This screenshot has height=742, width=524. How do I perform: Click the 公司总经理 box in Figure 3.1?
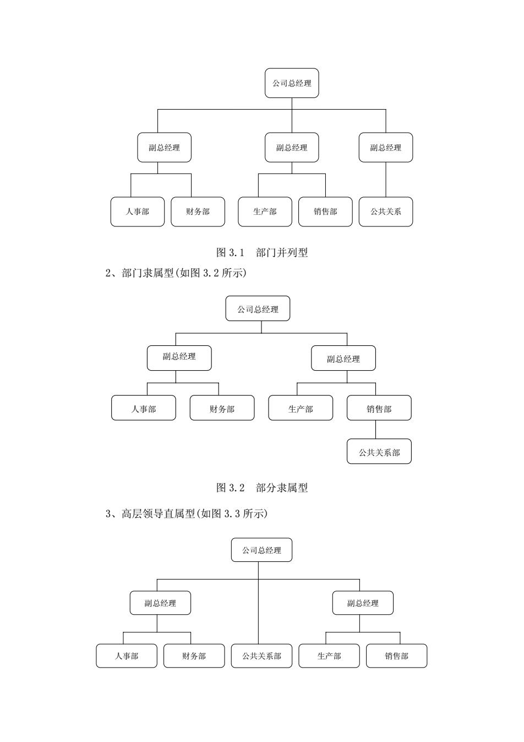[292, 83]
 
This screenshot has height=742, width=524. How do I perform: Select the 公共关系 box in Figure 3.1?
[386, 212]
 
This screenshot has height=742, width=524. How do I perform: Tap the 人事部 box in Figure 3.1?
[138, 212]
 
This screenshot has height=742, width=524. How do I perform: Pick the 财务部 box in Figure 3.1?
[198, 212]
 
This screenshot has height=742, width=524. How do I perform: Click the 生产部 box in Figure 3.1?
[265, 212]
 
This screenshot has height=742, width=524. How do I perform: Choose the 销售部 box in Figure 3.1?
[325, 212]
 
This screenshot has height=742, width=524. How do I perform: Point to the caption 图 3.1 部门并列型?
[262, 253]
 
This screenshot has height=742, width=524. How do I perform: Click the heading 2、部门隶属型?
[139, 273]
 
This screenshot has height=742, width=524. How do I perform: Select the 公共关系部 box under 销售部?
[379, 451]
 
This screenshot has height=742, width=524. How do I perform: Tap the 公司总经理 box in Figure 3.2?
[258, 308]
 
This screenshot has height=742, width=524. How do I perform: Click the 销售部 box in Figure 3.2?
[379, 408]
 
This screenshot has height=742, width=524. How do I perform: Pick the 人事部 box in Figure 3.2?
[143, 408]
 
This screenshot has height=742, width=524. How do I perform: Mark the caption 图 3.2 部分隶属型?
[262, 488]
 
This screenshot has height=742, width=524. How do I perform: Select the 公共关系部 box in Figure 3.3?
[261, 656]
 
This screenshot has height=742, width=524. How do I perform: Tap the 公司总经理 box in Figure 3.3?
[261, 550]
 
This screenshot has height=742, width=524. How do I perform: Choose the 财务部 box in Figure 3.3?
[194, 656]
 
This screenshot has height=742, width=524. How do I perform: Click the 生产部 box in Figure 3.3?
[329, 656]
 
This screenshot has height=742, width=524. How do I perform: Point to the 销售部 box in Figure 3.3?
[396, 656]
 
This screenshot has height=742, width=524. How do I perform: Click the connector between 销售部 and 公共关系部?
[375, 430]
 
